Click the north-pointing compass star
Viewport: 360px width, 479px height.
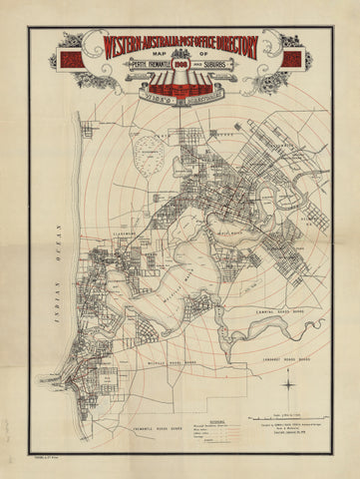(x=288, y=381)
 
